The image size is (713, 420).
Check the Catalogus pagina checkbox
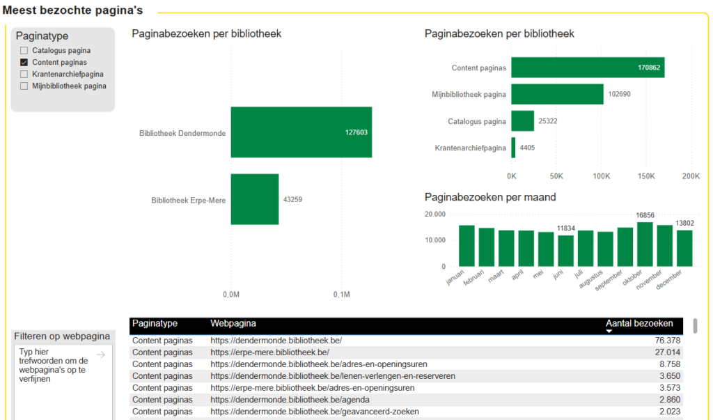tap(24, 51)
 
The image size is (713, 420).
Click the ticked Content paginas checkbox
tap(24, 63)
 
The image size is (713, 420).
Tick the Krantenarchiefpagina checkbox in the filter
tap(24, 74)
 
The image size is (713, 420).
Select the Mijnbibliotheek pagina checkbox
tap(24, 86)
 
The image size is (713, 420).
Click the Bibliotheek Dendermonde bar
tap(301, 132)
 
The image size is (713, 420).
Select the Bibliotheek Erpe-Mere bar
tap(255, 199)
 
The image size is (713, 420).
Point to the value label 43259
tap(292, 200)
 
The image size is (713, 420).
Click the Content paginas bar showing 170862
tap(587, 68)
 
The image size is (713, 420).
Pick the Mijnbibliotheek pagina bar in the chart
tap(557, 94)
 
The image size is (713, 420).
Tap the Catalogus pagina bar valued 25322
tap(522, 121)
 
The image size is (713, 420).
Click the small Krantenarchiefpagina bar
tap(513, 148)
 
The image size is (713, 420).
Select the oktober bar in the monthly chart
tap(645, 244)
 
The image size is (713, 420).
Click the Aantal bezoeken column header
tap(639, 323)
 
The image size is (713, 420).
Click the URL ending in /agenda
tap(290, 400)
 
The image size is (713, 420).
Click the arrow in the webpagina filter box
tap(100, 355)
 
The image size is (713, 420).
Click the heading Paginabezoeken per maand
tap(490, 197)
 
